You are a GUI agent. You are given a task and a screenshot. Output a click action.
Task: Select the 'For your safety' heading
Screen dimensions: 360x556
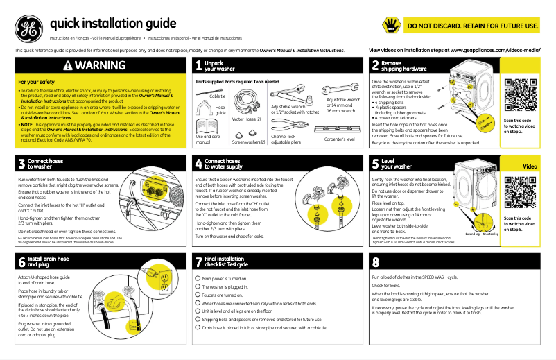[x=36, y=82]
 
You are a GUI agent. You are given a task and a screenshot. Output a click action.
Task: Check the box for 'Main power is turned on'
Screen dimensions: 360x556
[x=198, y=277]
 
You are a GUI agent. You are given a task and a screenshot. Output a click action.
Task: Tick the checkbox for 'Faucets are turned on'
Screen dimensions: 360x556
[x=198, y=294]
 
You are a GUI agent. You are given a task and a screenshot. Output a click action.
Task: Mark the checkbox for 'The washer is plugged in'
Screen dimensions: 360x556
[x=198, y=286]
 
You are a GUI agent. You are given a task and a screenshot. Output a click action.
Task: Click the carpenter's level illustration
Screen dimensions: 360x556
[x=338, y=129]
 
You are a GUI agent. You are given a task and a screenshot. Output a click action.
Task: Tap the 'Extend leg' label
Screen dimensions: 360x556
[x=472, y=234]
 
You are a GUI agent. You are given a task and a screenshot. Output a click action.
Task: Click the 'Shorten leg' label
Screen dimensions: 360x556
[x=490, y=234]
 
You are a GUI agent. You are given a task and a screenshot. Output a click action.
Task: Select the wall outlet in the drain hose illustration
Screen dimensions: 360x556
[x=165, y=286]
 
